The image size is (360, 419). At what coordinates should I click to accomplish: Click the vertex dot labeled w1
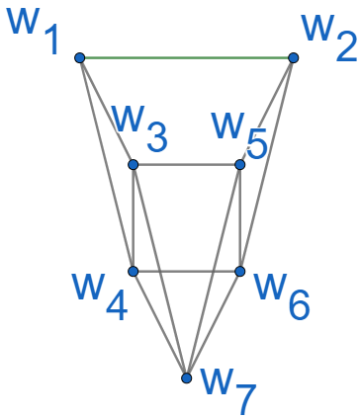pos(79,58)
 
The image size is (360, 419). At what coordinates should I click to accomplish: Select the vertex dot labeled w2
pos(293,58)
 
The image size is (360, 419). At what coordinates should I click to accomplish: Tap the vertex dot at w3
pos(134,165)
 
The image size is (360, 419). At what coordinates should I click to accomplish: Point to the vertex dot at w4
pos(134,271)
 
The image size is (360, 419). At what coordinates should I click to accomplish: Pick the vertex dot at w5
pos(240,165)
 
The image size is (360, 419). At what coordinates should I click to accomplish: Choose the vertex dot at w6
pos(240,271)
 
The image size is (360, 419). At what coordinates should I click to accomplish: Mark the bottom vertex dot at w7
pos(186,377)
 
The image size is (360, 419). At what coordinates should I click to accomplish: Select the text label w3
pos(137,126)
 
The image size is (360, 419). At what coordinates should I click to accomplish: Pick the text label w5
pos(240,133)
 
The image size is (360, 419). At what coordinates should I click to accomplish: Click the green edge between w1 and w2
pos(186,58)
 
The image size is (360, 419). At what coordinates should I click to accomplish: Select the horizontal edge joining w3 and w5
pos(187,165)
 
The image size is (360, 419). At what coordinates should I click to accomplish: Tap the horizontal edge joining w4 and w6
pos(187,271)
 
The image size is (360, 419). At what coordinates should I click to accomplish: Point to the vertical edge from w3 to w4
pos(134,217)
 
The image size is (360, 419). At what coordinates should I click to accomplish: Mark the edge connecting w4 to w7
pos(159,323)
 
